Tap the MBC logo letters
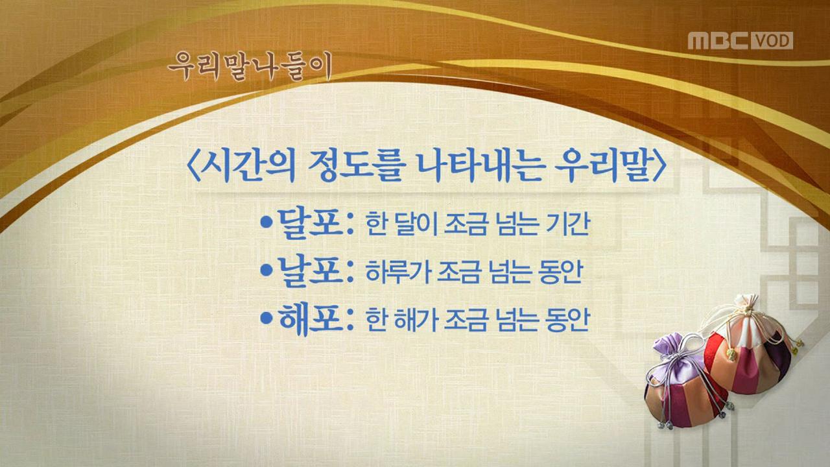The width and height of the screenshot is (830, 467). (718, 40)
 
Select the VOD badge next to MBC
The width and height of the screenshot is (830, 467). (772, 40)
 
